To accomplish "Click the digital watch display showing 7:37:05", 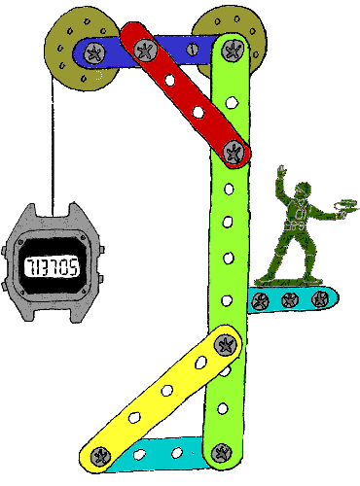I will point(53,263).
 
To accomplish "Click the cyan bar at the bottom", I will point(161,453).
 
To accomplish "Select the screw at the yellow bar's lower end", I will point(98,454).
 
